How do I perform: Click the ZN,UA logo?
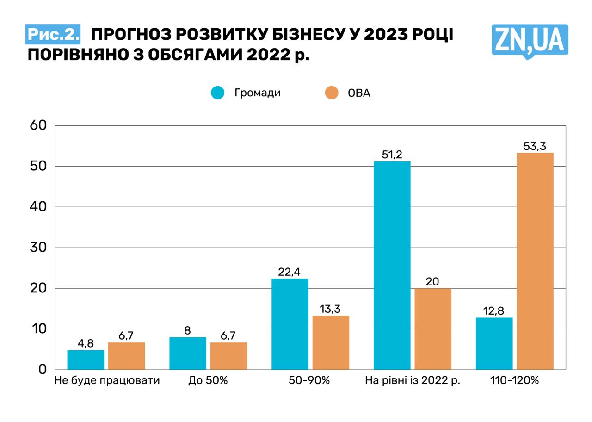(x=530, y=41)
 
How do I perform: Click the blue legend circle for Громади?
(x=217, y=93)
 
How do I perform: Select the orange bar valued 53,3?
(x=535, y=261)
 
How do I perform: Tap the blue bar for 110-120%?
(x=494, y=343)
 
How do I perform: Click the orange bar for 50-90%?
(x=331, y=342)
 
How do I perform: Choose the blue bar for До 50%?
(x=188, y=353)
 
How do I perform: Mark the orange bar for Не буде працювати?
(x=126, y=356)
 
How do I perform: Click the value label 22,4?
(x=290, y=272)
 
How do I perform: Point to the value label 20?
(x=432, y=281)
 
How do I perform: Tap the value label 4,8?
(x=86, y=343)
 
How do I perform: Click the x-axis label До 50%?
(x=208, y=381)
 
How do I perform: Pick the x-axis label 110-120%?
(x=515, y=381)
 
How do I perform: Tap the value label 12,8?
(x=494, y=310)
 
